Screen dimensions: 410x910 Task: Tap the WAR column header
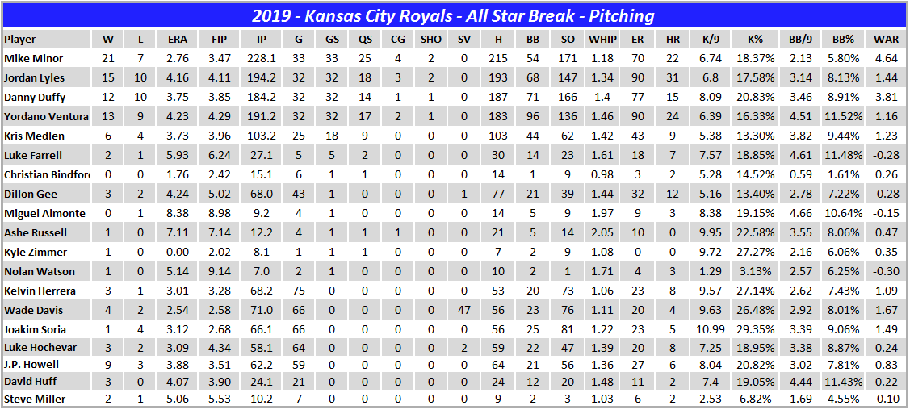(885, 39)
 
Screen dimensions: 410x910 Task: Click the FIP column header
(219, 39)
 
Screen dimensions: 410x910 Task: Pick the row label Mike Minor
(33, 58)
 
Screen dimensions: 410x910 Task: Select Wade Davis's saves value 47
(463, 310)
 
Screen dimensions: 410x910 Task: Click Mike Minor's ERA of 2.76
(178, 58)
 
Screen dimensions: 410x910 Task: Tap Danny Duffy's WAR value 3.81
(885, 97)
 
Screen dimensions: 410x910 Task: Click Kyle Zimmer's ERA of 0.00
(178, 252)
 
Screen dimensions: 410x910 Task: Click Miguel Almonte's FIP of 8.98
(219, 213)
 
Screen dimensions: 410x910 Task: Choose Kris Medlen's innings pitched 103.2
(259, 136)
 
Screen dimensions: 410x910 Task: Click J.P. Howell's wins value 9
(108, 365)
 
